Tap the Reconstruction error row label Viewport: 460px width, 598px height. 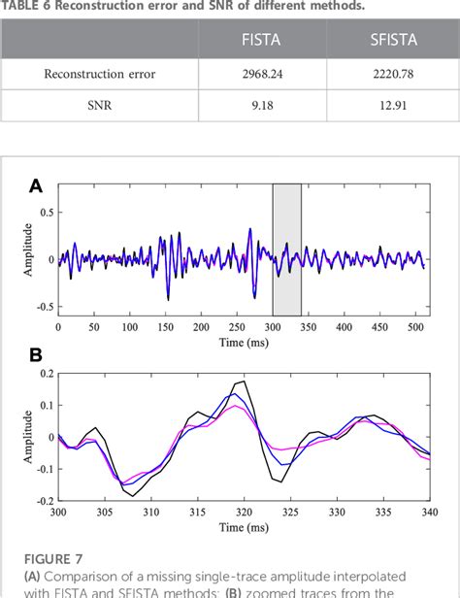[x=100, y=73]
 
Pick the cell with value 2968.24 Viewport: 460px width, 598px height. [x=262, y=73]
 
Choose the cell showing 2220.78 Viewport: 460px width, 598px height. [x=391, y=73]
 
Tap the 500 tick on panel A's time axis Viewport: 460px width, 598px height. [x=414, y=328]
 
